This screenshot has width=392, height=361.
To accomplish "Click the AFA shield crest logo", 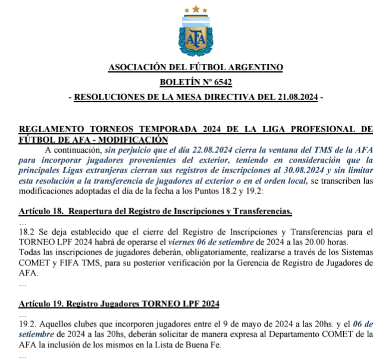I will [x=195, y=37].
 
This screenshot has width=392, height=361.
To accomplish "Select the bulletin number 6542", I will [x=218, y=82].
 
